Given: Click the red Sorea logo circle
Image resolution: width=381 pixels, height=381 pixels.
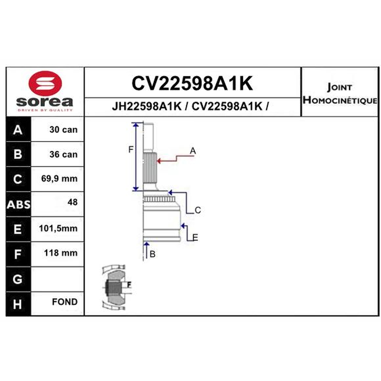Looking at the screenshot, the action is (x=45, y=83).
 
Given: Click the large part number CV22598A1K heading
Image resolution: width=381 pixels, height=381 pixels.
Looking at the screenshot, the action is (x=192, y=83).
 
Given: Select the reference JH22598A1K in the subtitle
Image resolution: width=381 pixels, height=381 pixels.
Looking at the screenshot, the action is (x=147, y=106).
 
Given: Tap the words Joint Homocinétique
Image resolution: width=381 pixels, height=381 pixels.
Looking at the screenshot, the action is (x=340, y=93).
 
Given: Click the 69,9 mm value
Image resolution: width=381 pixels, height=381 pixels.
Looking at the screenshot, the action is (x=59, y=179).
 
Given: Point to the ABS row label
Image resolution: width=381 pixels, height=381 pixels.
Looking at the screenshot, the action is (x=19, y=205).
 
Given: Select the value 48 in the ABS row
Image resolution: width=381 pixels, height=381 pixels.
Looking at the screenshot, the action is (x=72, y=202).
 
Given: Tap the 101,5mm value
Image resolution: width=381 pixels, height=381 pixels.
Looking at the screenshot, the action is (x=58, y=229).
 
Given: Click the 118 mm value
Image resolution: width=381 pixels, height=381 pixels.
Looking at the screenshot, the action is (x=61, y=253).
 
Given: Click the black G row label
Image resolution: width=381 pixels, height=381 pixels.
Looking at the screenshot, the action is (x=19, y=279).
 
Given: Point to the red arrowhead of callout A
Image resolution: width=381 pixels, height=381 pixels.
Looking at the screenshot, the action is (x=159, y=161).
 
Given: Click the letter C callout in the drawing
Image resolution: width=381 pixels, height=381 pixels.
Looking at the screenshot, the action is (x=198, y=210).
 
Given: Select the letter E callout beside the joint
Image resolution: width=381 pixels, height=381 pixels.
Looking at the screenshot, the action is (x=195, y=237).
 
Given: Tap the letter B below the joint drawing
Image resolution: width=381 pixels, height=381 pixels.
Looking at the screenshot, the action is (x=152, y=254).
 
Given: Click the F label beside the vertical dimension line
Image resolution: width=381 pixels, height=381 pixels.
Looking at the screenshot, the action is (x=130, y=150).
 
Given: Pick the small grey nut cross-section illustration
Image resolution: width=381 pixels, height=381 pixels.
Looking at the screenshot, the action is (x=116, y=288).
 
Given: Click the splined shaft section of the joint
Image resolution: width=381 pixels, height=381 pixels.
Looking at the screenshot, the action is (x=150, y=168).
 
